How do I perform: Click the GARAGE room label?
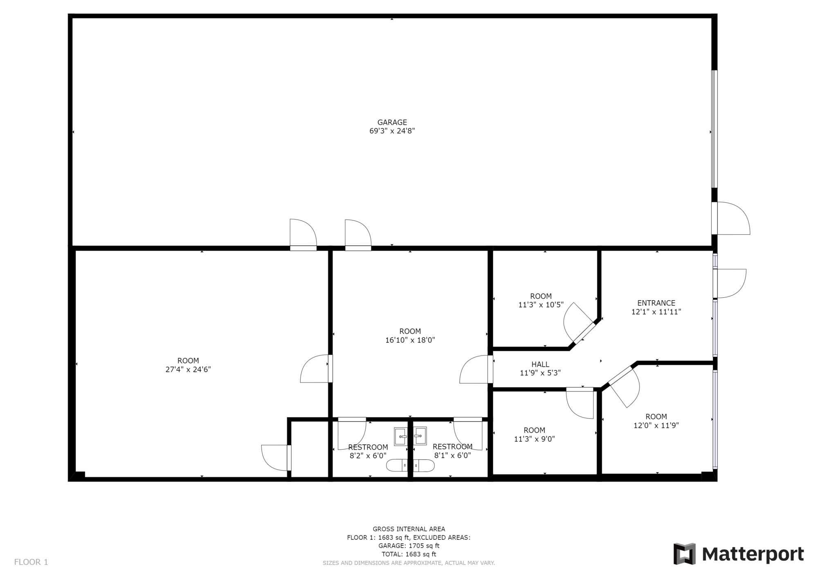392,122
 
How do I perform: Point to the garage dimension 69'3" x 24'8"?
392,131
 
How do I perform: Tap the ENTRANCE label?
656,303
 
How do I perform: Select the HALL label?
540,364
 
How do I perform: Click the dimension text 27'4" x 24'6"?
188,369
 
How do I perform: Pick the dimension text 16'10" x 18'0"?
410,340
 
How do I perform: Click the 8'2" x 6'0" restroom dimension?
368,455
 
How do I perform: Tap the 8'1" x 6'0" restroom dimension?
452,455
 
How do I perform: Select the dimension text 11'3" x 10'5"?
541,305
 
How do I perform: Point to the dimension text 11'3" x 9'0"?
534,439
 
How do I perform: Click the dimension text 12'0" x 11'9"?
656,425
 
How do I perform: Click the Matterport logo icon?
685,554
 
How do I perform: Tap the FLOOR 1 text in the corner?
31,562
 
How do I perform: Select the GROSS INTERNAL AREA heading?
409,529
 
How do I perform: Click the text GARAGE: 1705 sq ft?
409,546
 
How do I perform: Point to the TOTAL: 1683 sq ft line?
409,554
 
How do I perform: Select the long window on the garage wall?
714,129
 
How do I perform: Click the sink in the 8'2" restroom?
401,437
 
